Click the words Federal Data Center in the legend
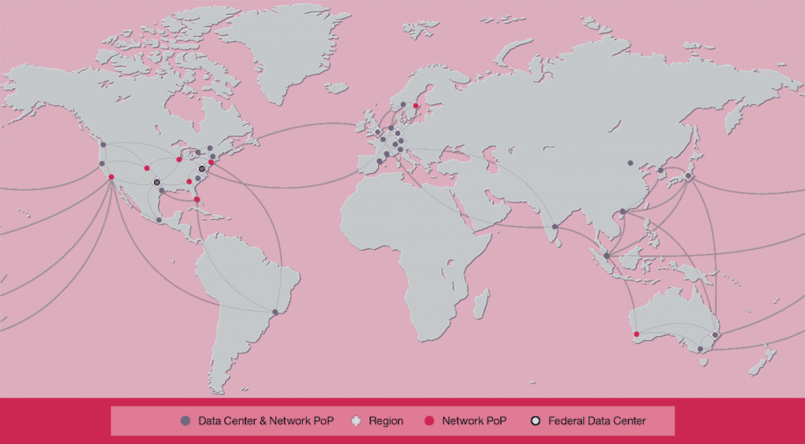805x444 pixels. tap(597, 421)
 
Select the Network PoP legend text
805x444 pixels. tap(474, 421)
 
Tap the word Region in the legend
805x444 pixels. tap(385, 421)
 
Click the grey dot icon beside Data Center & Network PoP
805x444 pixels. tap(186, 421)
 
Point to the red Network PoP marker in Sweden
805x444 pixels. tap(416, 105)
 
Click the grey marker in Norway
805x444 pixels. tap(403, 104)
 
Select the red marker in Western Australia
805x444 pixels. tap(636, 334)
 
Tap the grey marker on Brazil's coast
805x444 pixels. tap(275, 313)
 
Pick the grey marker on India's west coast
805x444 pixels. tap(555, 227)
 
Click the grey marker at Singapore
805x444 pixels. tap(606, 255)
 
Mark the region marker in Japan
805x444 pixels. tap(688, 176)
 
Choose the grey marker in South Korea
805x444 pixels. tap(660, 170)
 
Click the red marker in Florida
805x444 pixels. tap(197, 199)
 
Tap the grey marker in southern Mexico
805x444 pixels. tap(159, 220)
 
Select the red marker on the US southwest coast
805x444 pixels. tap(111, 176)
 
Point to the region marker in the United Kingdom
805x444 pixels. tap(377, 131)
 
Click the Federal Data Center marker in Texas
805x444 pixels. tap(156, 182)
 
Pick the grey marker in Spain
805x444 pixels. tap(380, 161)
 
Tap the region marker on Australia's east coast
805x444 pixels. tap(715, 335)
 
